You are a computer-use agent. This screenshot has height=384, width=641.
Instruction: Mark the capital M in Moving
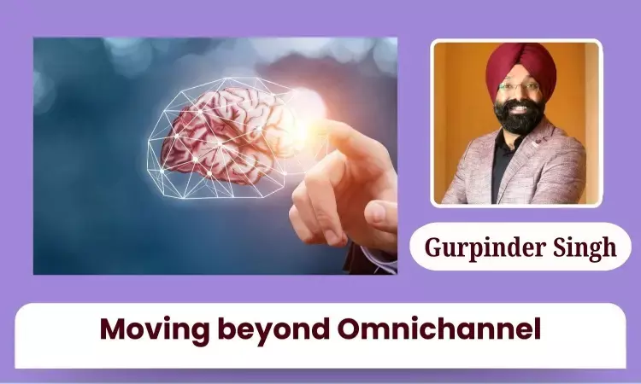tap(110, 329)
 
